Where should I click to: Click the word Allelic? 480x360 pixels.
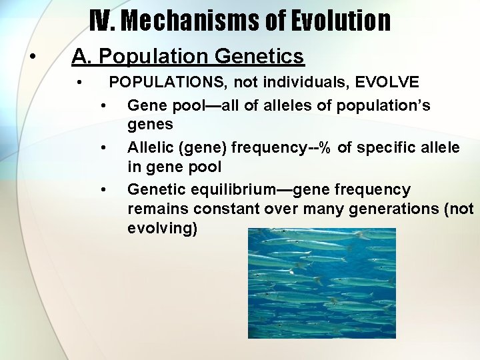pyautogui.click(x=150, y=147)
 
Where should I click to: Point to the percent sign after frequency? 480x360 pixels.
pyautogui.click(x=325, y=147)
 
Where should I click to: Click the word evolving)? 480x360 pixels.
pyautogui.click(x=162, y=228)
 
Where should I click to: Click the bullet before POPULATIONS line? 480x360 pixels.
pyautogui.click(x=79, y=83)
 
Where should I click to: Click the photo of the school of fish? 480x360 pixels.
pyautogui.click(x=321, y=283)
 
